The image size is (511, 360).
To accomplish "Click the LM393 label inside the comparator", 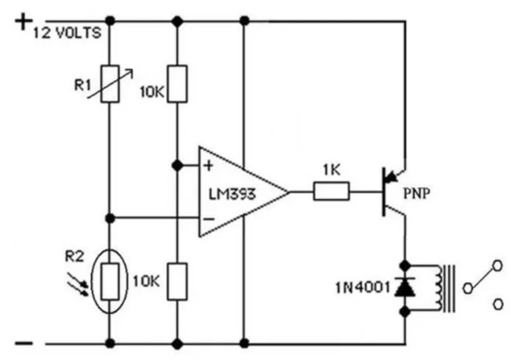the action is [232, 195].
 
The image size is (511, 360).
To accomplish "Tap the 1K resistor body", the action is [332, 191].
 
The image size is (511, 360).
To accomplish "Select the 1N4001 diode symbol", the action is [405, 287].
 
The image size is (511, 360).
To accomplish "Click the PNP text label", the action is [416, 194].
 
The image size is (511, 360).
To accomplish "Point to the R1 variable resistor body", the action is [110, 84].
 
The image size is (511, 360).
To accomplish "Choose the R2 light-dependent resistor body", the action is [110, 281].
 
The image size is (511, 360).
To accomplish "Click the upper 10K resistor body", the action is [178, 84].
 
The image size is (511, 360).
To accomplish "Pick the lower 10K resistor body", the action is [178, 281].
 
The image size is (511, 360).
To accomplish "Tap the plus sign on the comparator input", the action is [209, 166].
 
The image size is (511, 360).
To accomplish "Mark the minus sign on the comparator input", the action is [209, 219].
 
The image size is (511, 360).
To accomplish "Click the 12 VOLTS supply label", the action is [67, 34].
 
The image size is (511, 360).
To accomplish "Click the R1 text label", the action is [82, 86].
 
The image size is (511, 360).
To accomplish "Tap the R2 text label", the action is [74, 257].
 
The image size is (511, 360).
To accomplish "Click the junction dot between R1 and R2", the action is [111, 218].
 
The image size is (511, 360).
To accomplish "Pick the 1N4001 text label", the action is [362, 288].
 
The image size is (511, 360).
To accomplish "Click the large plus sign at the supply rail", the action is [24, 22].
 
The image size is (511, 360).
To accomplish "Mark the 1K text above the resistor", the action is [332, 170].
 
